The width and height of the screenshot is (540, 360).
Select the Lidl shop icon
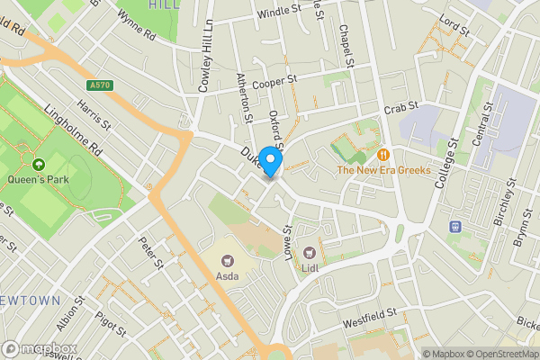coord(310,253)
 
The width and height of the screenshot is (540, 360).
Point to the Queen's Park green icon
coord(39,165)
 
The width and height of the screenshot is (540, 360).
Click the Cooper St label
coord(274,82)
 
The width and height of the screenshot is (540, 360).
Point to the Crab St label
coord(396,109)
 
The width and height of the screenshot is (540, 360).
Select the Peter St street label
coord(150,253)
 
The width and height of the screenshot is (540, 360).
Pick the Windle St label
coord(279,11)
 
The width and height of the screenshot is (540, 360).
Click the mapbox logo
coord(40,348)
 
